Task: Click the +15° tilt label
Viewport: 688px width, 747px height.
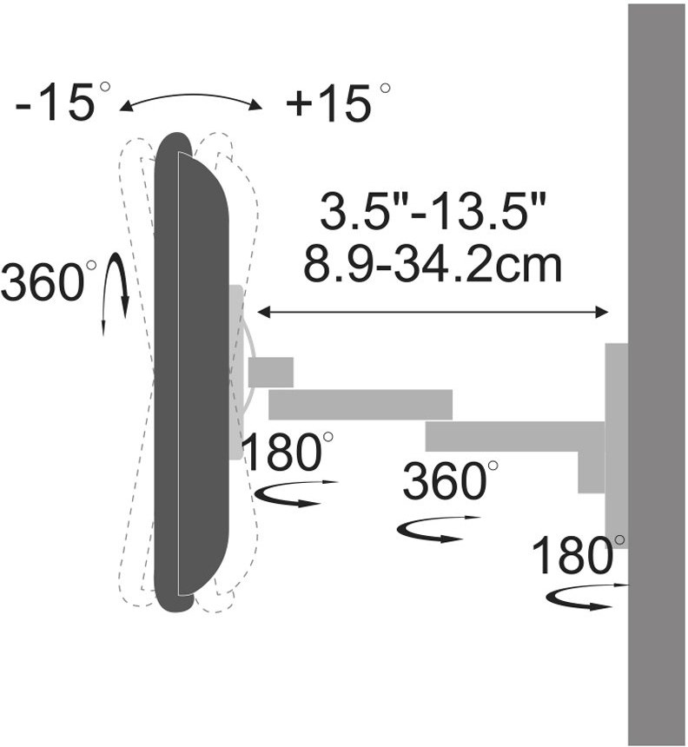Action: tap(337, 102)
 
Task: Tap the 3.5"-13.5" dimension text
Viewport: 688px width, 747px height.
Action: tap(432, 211)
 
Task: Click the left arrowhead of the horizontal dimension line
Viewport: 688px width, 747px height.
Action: tap(263, 312)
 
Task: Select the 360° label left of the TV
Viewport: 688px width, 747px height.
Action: tap(48, 281)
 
